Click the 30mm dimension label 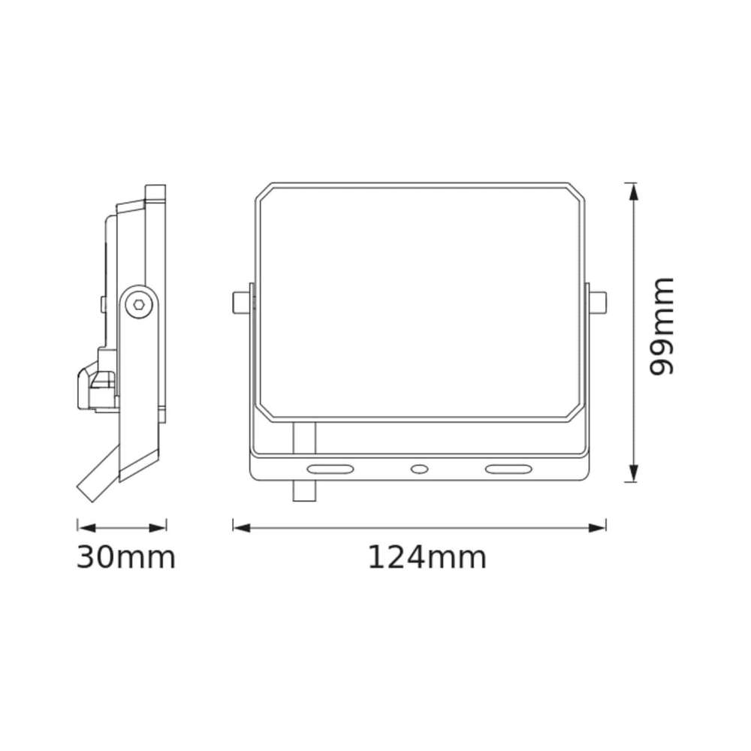(126, 557)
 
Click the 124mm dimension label (427, 557)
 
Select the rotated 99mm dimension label (662, 326)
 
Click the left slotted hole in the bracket (330, 469)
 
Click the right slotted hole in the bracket (508, 469)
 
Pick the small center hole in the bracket (420, 469)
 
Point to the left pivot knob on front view (241, 302)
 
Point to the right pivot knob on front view (598, 302)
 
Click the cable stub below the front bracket (305, 491)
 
